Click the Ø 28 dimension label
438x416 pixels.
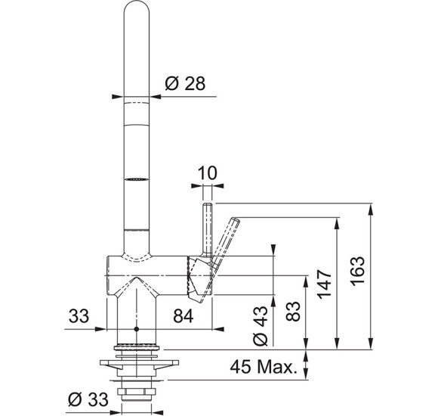tap(185, 83)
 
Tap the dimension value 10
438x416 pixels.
tap(207, 173)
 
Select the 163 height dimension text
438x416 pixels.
tap(358, 271)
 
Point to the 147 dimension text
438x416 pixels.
tap(324, 284)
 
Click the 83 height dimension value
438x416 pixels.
tap(293, 311)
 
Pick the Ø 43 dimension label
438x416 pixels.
tap(261, 326)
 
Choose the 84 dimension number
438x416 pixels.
tap(184, 317)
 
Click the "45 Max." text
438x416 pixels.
tap(263, 367)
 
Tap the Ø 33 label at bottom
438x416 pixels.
tap(88, 399)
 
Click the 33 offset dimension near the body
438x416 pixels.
tap(79, 316)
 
